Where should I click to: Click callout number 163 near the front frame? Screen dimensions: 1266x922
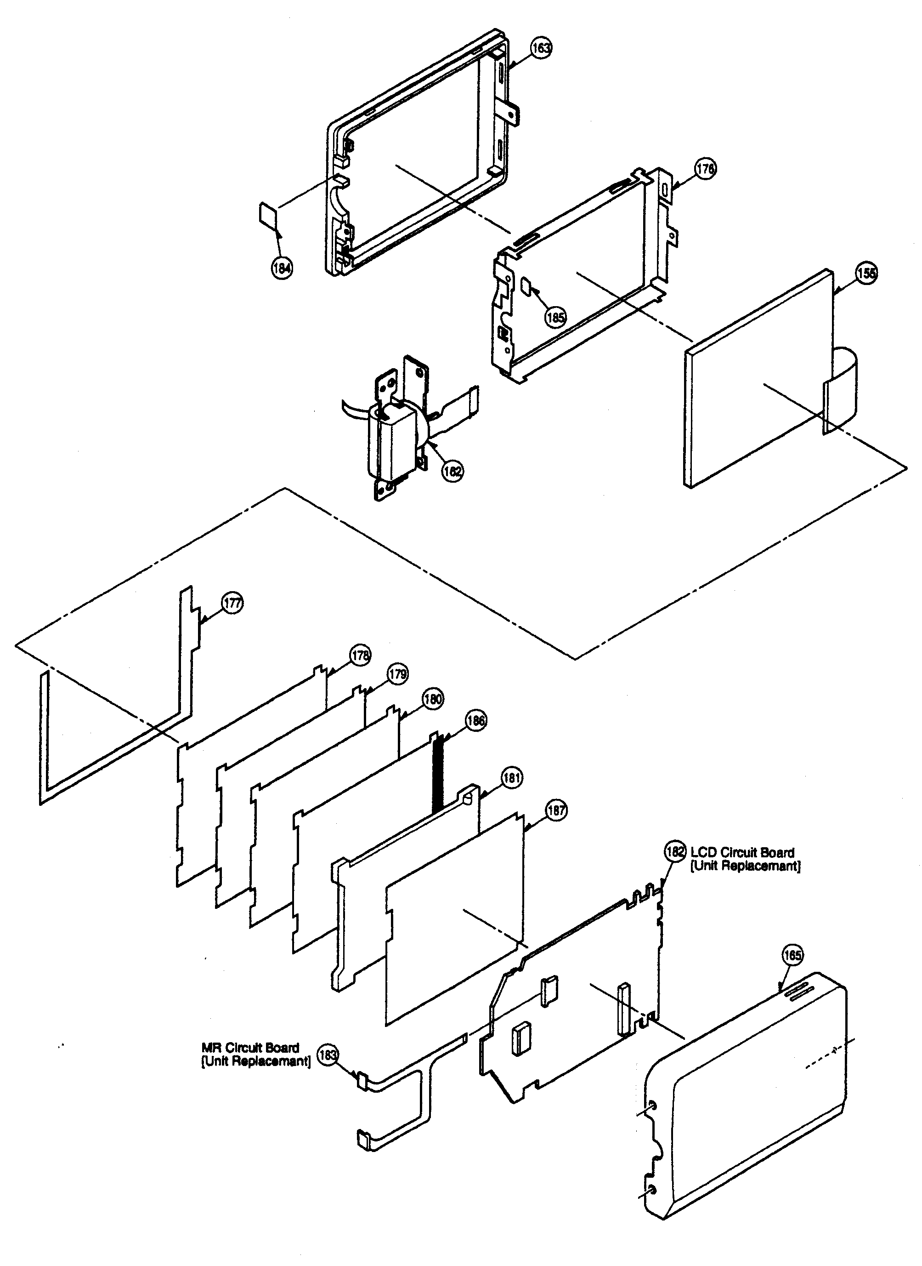pyautogui.click(x=541, y=48)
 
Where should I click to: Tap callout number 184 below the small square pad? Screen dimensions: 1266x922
pyautogui.click(x=282, y=268)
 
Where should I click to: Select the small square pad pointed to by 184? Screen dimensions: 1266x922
pyautogui.click(x=267, y=216)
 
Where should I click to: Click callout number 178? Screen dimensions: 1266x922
pyautogui.click(x=361, y=655)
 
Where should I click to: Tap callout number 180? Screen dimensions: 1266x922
pyautogui.click(x=433, y=699)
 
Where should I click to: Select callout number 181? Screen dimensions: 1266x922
pyautogui.click(x=512, y=777)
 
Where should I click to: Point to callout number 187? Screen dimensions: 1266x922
pyautogui.click(x=556, y=810)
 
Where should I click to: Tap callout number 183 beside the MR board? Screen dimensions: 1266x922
pyautogui.click(x=328, y=1055)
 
